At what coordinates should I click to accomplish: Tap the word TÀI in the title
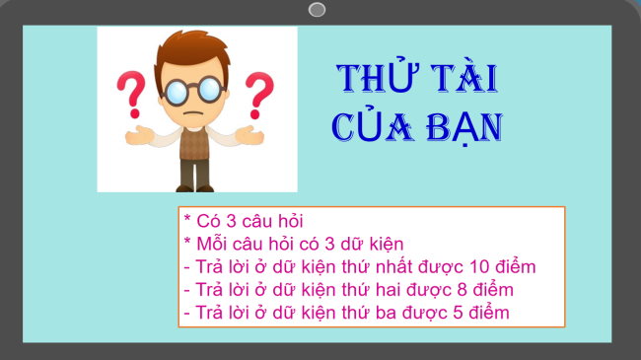click(460, 79)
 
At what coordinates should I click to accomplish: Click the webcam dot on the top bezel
click(317, 10)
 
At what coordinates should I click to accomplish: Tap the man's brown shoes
click(194, 187)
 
